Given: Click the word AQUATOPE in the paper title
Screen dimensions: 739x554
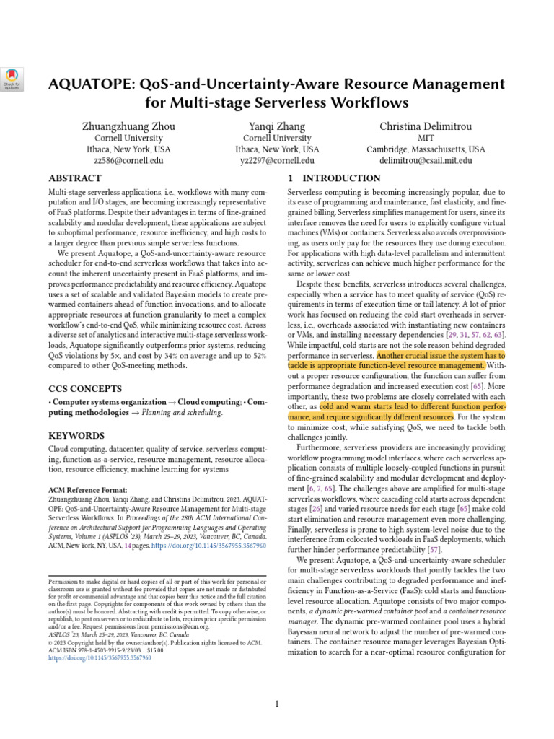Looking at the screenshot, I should pyautogui.click(x=92, y=84).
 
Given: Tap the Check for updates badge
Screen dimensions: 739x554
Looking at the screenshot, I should pyautogui.click(x=13, y=79).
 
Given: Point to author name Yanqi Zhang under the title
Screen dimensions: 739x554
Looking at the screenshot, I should pyautogui.click(x=277, y=126).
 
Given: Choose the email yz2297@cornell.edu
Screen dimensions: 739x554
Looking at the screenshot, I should pyautogui.click(x=277, y=161).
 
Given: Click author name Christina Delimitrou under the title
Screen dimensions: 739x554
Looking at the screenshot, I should pyautogui.click(x=426, y=126).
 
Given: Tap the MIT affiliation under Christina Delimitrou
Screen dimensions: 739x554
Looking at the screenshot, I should pyautogui.click(x=426, y=138).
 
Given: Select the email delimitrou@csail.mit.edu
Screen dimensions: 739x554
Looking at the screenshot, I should pyautogui.click(x=426, y=161).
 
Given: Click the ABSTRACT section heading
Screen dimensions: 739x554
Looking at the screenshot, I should pyautogui.click(x=74, y=178).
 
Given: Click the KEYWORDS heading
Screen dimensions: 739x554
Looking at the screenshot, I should pyautogui.click(x=77, y=436).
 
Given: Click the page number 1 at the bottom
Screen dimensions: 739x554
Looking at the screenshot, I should pyautogui.click(x=277, y=704).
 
